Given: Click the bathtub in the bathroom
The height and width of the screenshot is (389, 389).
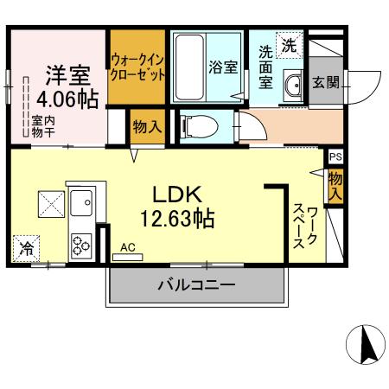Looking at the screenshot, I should point(188,67).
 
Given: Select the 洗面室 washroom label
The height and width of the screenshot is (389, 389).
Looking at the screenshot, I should point(266,66).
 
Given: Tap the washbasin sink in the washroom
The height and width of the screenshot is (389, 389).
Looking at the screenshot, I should point(294,86).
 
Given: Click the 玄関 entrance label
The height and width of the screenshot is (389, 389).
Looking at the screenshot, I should point(327,82).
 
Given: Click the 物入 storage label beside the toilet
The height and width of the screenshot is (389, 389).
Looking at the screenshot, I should point(147,127).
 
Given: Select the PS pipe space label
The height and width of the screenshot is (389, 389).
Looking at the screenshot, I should point(335,157).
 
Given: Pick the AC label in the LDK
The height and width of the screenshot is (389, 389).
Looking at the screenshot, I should point(128,248).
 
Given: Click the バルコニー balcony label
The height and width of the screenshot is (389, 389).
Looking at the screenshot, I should point(196,284).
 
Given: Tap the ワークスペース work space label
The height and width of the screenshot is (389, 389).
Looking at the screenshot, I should point(305,226).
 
